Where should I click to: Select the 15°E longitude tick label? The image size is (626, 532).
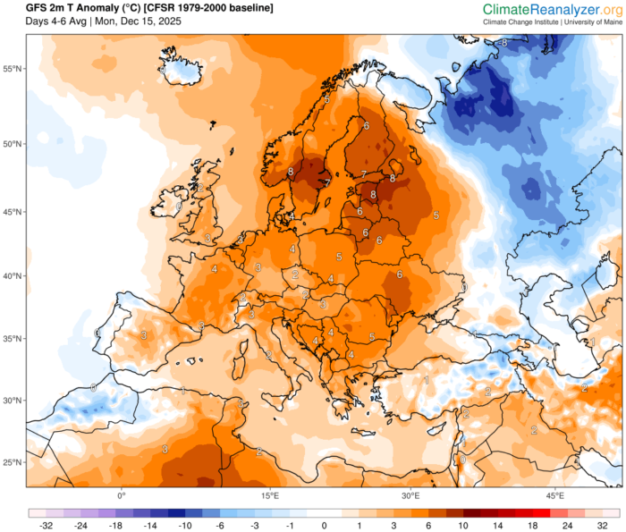269,494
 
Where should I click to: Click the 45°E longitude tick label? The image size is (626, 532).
554,494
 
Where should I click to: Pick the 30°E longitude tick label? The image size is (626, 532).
411,494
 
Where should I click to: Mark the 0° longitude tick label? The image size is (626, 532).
123,494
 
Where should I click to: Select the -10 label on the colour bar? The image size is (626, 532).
186,526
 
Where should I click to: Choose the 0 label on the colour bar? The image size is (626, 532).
325,526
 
